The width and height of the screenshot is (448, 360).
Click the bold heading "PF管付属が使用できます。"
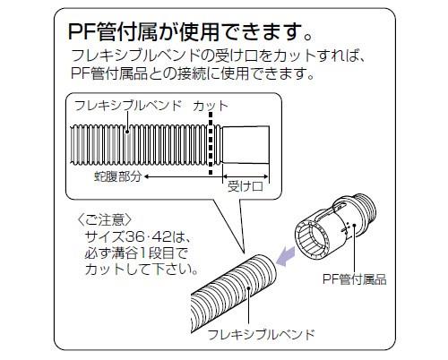point(191,31)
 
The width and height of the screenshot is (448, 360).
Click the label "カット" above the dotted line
point(211,106)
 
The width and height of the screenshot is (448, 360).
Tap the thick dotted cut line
point(211,143)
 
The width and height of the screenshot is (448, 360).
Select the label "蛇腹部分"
point(117,176)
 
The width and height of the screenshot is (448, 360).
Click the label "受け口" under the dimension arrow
point(246,186)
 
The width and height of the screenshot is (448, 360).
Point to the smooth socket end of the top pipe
point(246,145)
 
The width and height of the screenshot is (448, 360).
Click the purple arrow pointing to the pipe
point(285,256)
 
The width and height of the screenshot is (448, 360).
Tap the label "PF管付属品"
point(354,279)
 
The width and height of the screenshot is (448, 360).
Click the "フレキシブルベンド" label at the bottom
point(261,334)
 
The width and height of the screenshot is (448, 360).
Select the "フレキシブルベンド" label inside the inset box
point(128,106)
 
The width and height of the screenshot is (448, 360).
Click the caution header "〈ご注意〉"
point(104,220)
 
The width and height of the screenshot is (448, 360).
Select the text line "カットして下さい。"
point(142,270)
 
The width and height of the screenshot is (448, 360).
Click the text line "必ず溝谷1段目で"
point(136,253)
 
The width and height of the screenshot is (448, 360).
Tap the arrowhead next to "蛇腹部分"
point(147,176)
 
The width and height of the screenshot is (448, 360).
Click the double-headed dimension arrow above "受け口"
point(246,176)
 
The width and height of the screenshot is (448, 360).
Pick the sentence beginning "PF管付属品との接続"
point(193,73)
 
